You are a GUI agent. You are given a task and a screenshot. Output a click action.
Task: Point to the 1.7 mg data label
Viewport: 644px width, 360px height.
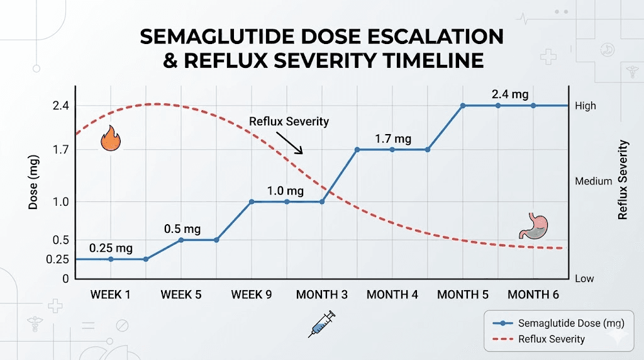(393, 138)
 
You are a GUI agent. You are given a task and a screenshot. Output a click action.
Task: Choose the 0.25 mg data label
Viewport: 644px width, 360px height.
(111, 248)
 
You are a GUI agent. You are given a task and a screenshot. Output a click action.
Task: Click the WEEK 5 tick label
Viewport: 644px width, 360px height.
(181, 294)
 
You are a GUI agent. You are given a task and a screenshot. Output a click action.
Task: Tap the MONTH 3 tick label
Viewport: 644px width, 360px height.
(322, 294)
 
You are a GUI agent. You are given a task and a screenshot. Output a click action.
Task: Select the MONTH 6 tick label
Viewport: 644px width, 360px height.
(533, 294)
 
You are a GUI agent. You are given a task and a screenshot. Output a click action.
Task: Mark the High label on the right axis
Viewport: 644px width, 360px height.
(586, 106)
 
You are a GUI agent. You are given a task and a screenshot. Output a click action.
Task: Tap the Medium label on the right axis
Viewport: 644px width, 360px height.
(593, 181)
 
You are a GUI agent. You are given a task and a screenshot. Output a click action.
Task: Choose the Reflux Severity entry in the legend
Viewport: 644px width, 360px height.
(552, 339)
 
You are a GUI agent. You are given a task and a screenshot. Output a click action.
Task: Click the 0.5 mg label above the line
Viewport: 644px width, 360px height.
(183, 229)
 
